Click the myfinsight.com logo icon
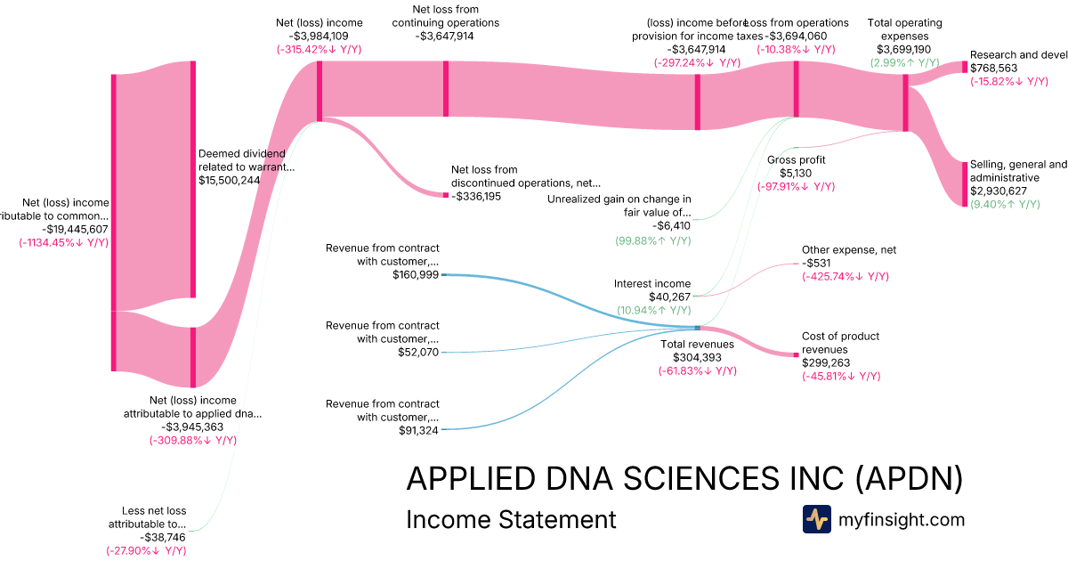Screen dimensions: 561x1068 (816, 519)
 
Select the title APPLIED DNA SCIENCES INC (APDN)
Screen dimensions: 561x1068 (684, 479)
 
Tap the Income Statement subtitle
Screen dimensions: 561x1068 (511, 519)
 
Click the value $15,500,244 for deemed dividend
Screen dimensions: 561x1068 (230, 180)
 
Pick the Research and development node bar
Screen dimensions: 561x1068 (964, 68)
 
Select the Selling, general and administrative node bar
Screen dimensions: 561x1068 (964, 184)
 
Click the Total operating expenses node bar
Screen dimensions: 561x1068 (905, 102)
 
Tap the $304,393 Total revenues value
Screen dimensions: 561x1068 (697, 357)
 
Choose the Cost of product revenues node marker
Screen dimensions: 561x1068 (796, 355)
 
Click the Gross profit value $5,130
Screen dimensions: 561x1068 (797, 174)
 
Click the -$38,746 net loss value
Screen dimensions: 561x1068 (162, 538)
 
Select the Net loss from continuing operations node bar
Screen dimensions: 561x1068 (446, 88)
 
